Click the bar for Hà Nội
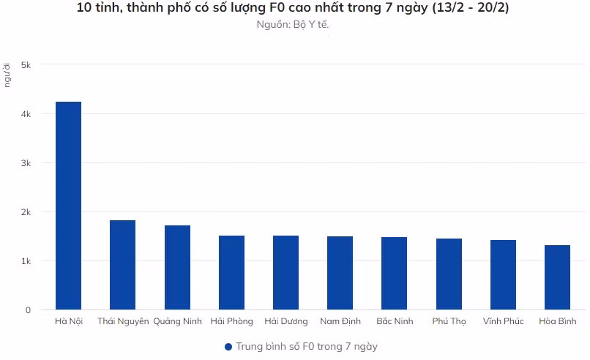(x=68, y=206)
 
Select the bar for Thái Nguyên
(x=122, y=265)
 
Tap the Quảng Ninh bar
(x=177, y=267)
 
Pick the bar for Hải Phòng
(x=231, y=272)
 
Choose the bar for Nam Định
(x=340, y=273)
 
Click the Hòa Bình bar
(x=557, y=277)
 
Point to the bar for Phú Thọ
(x=449, y=274)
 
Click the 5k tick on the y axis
(x=26, y=65)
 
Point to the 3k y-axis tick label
(x=26, y=163)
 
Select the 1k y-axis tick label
(x=26, y=261)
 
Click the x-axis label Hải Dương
(x=285, y=321)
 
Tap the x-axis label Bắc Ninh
(x=395, y=321)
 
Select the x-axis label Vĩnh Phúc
(x=503, y=321)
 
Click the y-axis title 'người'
(x=7, y=75)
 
